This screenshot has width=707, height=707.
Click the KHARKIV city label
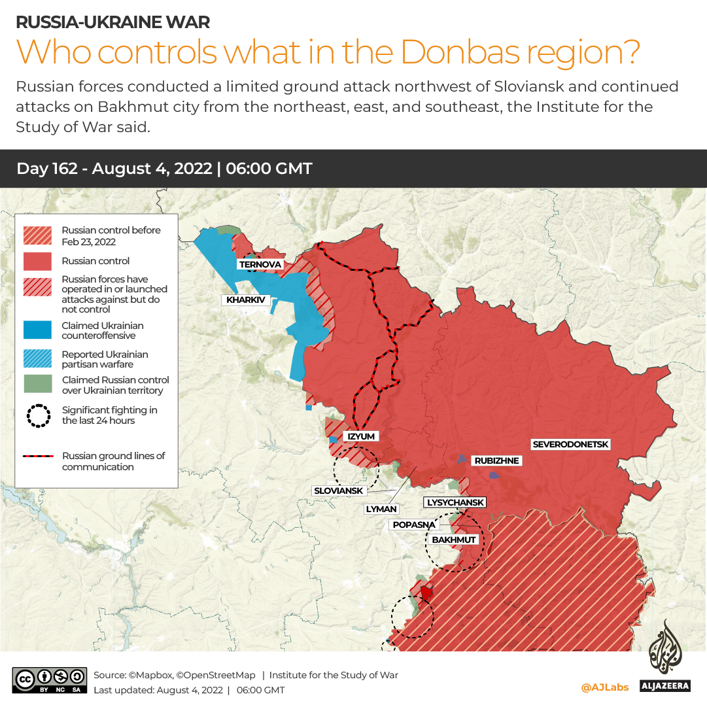click(x=246, y=300)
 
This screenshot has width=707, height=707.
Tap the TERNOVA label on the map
click(x=260, y=264)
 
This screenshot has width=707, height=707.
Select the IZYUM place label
click(x=361, y=436)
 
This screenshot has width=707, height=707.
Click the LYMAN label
click(x=381, y=508)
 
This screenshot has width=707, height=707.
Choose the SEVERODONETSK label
click(x=570, y=445)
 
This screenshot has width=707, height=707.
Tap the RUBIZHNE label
click(x=496, y=461)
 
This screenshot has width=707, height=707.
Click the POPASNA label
click(x=413, y=525)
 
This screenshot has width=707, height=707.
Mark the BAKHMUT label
click(x=453, y=540)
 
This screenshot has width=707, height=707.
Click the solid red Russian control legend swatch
click(x=38, y=261)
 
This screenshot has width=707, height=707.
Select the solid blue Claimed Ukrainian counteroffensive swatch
click(x=38, y=330)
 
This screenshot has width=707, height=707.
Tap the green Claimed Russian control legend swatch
click(x=38, y=385)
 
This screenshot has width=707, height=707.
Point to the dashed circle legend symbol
click(x=38, y=415)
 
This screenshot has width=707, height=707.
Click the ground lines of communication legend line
click(x=38, y=456)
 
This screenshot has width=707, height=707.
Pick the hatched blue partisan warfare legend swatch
click(x=38, y=359)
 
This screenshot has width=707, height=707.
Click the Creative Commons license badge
click(x=50, y=680)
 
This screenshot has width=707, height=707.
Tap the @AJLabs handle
click(x=604, y=687)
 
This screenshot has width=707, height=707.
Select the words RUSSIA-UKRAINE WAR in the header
click(x=112, y=22)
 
